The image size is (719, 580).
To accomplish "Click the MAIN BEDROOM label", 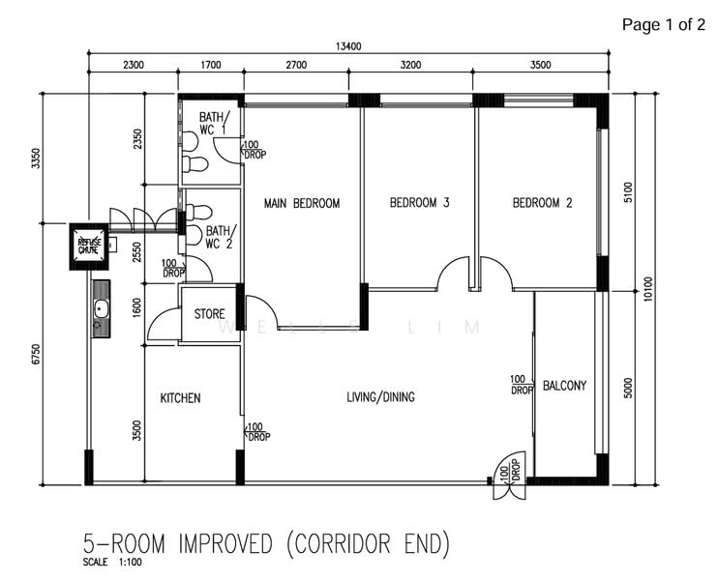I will [x=302, y=203].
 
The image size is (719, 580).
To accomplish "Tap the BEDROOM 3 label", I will [x=420, y=203].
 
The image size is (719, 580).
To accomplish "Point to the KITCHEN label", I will [x=180, y=398].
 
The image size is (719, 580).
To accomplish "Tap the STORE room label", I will [x=209, y=314].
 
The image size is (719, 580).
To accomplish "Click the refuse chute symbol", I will [x=89, y=246].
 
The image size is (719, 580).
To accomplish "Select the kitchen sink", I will [x=100, y=309].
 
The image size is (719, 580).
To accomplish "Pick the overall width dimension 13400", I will [x=348, y=45].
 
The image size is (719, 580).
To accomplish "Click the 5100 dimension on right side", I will [x=627, y=193].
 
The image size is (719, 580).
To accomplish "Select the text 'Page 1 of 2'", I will [x=663, y=25].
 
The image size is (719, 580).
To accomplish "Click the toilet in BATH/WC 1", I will [x=196, y=165].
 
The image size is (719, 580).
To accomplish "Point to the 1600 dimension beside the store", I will [x=137, y=310].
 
